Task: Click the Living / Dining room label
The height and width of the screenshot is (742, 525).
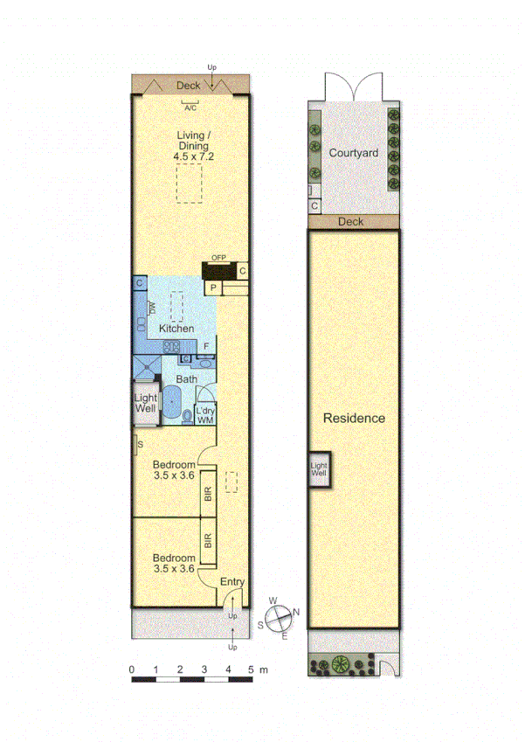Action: pyautogui.click(x=193, y=140)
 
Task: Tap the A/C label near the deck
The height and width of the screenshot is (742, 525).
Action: pyautogui.click(x=189, y=107)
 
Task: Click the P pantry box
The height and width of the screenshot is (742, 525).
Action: pyautogui.click(x=212, y=288)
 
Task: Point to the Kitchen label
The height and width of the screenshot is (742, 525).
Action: pyautogui.click(x=176, y=328)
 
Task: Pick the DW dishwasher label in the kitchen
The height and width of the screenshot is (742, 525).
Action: pyautogui.click(x=152, y=308)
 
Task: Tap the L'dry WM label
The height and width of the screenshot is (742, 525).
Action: pyautogui.click(x=205, y=415)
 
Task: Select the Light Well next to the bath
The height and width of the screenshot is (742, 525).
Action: pyautogui.click(x=145, y=403)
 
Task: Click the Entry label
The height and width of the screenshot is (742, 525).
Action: pyautogui.click(x=231, y=582)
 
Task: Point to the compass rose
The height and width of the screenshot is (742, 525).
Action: pyautogui.click(x=278, y=618)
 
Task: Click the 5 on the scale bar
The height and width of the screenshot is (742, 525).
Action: pyautogui.click(x=251, y=669)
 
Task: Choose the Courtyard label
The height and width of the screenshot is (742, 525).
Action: pyautogui.click(x=353, y=153)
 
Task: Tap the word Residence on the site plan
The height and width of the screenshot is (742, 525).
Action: pyautogui.click(x=354, y=418)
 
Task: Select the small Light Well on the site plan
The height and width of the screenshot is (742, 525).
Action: pyautogui.click(x=318, y=470)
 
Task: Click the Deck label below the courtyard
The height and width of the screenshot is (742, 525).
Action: pyautogui.click(x=350, y=222)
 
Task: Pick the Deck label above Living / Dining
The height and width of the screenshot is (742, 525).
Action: pyautogui.click(x=188, y=85)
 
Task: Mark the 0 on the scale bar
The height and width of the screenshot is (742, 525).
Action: pyautogui.click(x=132, y=669)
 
